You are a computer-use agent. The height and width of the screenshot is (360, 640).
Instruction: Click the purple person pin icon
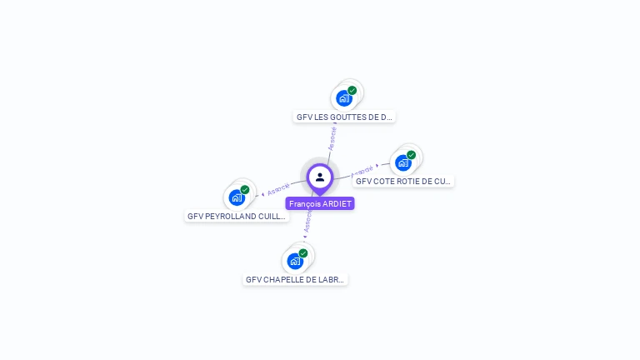(320, 177)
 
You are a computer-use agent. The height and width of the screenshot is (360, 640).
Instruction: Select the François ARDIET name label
(320, 203)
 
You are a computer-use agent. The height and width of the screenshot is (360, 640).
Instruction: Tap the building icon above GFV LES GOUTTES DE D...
(343, 98)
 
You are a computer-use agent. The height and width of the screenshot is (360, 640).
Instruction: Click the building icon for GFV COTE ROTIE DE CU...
(403, 162)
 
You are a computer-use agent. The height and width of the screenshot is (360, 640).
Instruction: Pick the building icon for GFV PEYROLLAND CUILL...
(237, 197)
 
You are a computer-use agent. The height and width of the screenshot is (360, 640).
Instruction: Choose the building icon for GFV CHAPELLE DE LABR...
(295, 261)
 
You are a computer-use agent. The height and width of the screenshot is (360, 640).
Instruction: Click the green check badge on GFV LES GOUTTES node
(352, 90)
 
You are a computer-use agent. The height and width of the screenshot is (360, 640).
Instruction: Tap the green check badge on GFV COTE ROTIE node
(412, 154)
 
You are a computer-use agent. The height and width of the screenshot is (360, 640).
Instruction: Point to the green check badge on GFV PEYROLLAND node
(245, 189)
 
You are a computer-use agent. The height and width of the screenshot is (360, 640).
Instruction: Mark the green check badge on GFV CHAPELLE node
(303, 252)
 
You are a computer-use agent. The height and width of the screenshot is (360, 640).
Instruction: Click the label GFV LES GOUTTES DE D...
(344, 117)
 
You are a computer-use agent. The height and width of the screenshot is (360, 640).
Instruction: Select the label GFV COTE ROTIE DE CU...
(403, 181)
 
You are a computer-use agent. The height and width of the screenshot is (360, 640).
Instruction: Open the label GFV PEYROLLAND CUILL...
(237, 216)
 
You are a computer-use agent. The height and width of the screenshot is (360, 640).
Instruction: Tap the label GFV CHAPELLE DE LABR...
(295, 280)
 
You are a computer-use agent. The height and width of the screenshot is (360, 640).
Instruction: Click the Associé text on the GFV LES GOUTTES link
(332, 137)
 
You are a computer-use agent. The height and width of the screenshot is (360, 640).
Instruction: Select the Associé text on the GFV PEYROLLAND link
(278, 188)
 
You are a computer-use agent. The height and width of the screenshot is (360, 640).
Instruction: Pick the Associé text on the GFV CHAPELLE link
(307, 220)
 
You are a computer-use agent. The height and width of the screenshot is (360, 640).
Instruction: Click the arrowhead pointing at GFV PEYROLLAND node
(263, 193)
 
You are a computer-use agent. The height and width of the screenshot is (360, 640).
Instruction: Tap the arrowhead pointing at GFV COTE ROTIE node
(377, 166)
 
